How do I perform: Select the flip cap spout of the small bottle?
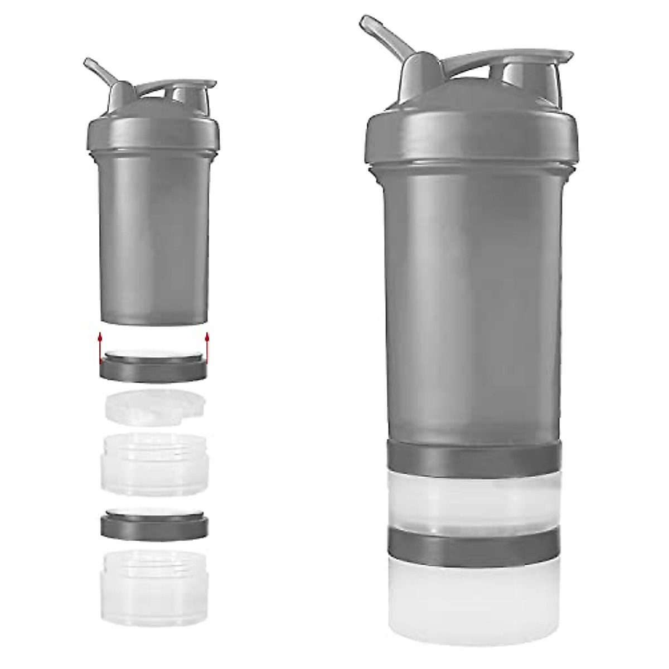point(192,92)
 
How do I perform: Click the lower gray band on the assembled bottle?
point(473,544)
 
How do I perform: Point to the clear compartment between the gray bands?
point(473,499)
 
